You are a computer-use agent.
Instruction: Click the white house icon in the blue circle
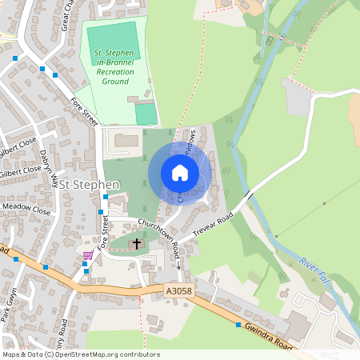tap(179, 172)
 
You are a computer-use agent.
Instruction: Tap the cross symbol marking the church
tap(136, 243)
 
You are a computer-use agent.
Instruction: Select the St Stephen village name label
tap(90, 185)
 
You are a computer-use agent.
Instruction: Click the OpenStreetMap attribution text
tap(80, 354)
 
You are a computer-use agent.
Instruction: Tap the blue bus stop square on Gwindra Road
tap(238, 325)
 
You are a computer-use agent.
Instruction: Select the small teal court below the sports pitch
tap(145, 114)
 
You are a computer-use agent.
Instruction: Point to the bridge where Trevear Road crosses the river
tap(248, 195)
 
